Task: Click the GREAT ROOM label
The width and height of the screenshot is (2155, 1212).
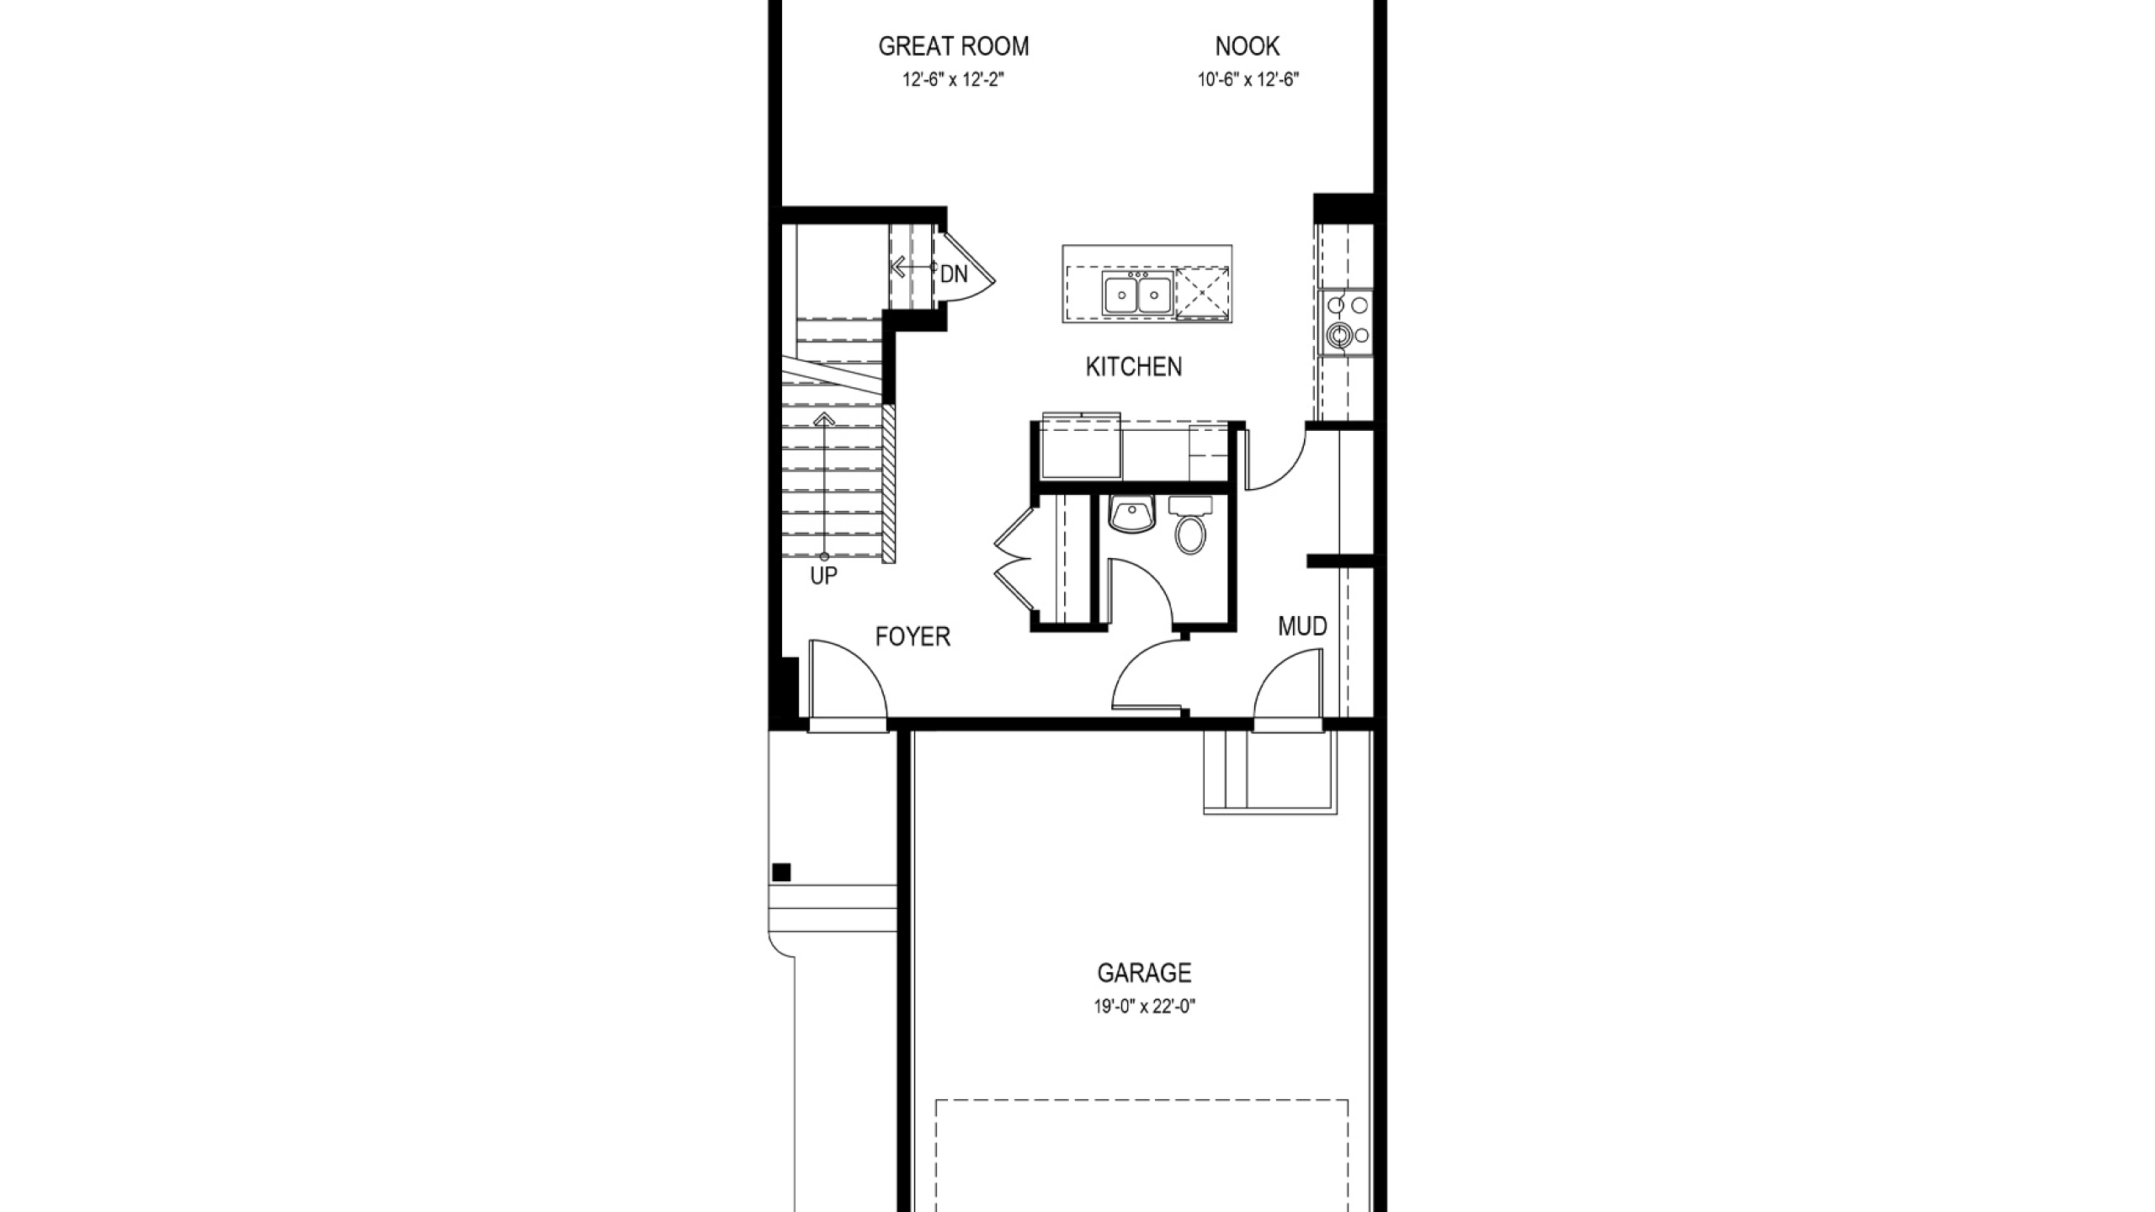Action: (954, 46)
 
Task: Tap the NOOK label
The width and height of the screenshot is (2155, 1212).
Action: (1248, 46)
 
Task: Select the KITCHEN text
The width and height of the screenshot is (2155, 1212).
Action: (1134, 367)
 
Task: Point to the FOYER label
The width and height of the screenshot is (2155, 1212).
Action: (913, 637)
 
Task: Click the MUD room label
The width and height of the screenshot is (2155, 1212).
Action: (1302, 626)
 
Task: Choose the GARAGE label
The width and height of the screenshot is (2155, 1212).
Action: (1144, 973)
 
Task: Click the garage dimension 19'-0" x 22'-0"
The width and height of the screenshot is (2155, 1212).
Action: (1145, 1007)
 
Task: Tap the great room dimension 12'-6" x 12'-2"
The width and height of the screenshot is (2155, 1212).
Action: (954, 80)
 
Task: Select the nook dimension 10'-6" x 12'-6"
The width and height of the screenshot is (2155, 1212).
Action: (1249, 80)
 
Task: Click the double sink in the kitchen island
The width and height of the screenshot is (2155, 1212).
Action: (1137, 294)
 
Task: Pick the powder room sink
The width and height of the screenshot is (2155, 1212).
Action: (1132, 514)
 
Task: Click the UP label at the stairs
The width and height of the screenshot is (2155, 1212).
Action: (823, 577)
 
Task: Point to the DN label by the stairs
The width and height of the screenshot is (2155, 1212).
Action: (954, 274)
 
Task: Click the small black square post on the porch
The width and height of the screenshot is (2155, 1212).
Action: (781, 872)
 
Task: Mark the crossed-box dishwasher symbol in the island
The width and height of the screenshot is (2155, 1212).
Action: (1202, 294)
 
